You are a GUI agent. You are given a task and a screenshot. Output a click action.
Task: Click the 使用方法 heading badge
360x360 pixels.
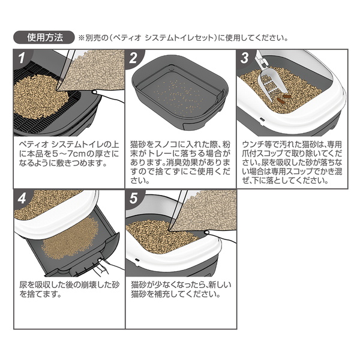point(44,37)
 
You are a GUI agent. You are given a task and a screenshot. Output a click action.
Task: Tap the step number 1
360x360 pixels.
point(22,58)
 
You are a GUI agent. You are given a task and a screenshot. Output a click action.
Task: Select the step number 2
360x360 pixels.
point(133,58)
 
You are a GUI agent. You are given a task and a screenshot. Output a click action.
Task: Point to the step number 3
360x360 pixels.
point(245,58)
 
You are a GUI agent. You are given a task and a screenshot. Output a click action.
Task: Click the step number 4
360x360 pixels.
point(22,199)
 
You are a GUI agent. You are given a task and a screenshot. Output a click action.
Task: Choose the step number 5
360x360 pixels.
point(133,199)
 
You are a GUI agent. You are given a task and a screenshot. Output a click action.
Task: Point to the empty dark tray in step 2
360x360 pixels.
point(181,92)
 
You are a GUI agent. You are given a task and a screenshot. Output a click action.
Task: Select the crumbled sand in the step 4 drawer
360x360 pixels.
point(70,239)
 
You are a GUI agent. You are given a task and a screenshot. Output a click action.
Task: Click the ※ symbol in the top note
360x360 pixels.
point(82,38)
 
